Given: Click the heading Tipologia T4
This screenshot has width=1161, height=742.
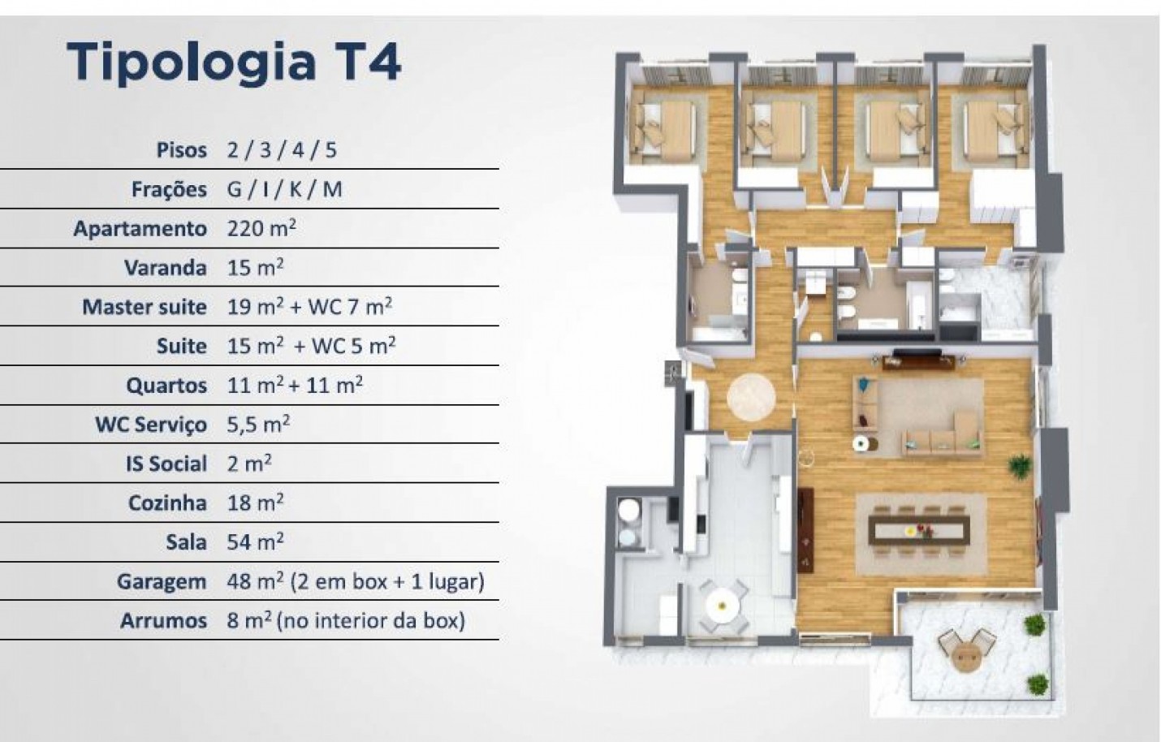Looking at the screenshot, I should pyautogui.click(x=234, y=62).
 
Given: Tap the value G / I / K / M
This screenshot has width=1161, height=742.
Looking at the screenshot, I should pyautogui.click(x=285, y=189).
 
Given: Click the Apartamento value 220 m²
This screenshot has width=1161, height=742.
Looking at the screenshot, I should pyautogui.click(x=261, y=228).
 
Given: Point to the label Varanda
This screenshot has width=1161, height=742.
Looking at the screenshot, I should pyautogui.click(x=165, y=268).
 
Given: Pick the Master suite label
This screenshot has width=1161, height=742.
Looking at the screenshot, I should pyautogui.click(x=144, y=307).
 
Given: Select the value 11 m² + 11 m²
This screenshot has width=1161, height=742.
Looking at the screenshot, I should pyautogui.click(x=295, y=385).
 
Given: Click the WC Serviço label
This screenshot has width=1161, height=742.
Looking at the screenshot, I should pyautogui.click(x=150, y=425).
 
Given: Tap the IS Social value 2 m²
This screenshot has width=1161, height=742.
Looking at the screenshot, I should pyautogui.click(x=249, y=464).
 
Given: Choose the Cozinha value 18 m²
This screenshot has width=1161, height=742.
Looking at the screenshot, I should pyautogui.click(x=256, y=503).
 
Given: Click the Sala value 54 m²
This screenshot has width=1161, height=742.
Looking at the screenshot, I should pyautogui.click(x=256, y=541).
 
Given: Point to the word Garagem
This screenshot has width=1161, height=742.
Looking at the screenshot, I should pyautogui.click(x=161, y=581).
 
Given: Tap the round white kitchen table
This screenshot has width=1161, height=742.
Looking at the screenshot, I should pyautogui.click(x=721, y=603).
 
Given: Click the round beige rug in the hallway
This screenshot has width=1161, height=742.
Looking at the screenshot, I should pyautogui.click(x=752, y=396).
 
